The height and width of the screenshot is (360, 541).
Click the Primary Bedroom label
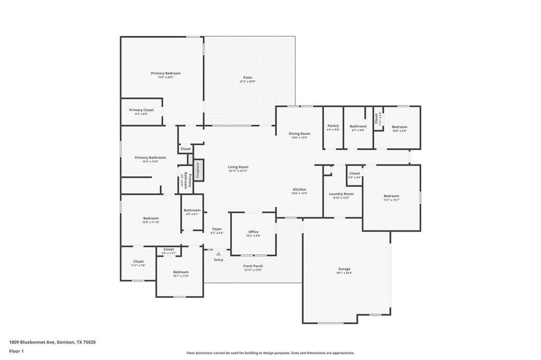[x=165, y=73]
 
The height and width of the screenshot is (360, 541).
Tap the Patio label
[x=247, y=77]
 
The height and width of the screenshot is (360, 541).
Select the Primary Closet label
[x=141, y=110]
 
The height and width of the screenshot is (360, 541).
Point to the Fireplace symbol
[x=198, y=170]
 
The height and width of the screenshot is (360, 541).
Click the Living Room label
[x=238, y=167]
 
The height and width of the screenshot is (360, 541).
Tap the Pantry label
[x=333, y=126]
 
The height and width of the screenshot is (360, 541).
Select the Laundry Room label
[x=340, y=194]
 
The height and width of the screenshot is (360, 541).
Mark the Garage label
[x=344, y=269]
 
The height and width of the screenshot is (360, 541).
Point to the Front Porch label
[x=253, y=266]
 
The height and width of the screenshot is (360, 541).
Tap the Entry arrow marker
[x=219, y=254]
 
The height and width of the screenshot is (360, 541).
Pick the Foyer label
[x=217, y=230]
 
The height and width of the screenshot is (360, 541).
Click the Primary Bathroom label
[x=150, y=158]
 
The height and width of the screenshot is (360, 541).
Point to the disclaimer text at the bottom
[x=270, y=353]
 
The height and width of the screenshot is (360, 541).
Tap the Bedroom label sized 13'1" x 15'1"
[x=391, y=196]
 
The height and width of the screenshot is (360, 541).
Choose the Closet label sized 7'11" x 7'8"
[x=138, y=262]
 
